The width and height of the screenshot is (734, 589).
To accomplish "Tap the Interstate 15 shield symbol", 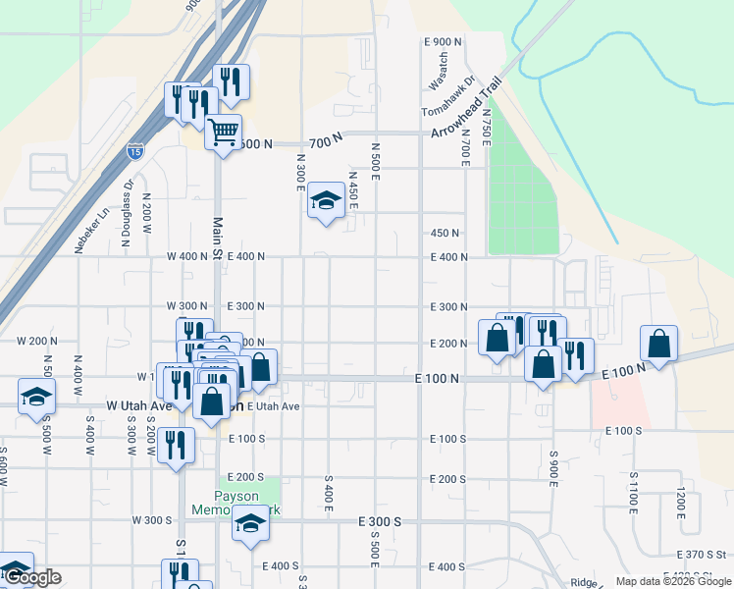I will click(x=134, y=152).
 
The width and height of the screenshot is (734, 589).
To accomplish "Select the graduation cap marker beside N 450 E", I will click(x=326, y=201).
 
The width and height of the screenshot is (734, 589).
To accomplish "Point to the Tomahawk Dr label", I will click(x=448, y=97).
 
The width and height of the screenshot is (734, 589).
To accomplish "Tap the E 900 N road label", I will click(x=444, y=42).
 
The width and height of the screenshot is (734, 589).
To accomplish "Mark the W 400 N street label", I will click(x=186, y=256).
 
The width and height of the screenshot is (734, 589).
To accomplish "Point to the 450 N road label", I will click(x=445, y=233).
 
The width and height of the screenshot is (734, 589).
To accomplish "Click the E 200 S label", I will click(x=446, y=478).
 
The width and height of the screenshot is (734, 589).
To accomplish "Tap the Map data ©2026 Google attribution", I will click(x=673, y=581).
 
